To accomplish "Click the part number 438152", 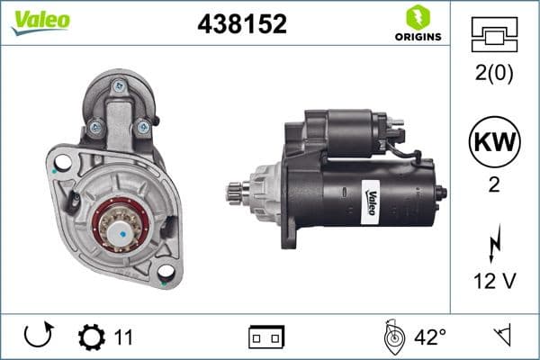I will coord(242,25).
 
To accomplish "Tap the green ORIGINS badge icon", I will coord(416,18).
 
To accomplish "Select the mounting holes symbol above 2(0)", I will coord(493,34).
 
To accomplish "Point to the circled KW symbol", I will coord(493,142).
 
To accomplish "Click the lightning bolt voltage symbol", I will coord(493,244).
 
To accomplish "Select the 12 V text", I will coord(493,282).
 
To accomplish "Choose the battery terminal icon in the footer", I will coord(266,338).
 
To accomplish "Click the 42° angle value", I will coord(429,338).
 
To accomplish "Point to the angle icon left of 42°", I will coord(391,337).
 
